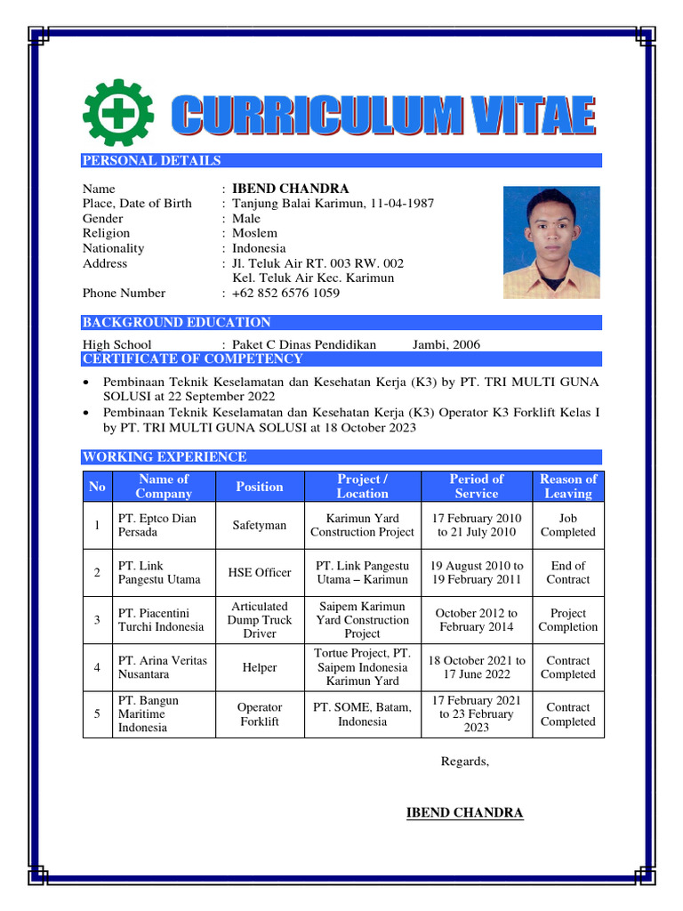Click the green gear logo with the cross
[x=117, y=115]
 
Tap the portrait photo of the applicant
[x=550, y=242]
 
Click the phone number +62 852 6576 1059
[x=285, y=293]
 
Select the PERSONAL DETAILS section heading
[x=152, y=161]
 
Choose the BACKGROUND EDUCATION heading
[x=177, y=322]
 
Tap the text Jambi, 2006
[x=446, y=344]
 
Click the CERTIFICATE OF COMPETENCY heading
[x=192, y=359]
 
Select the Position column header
[x=259, y=487]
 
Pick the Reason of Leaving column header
[x=568, y=487]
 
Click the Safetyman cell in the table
[x=259, y=525]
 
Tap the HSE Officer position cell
[x=259, y=572]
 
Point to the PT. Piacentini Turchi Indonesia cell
[x=161, y=619]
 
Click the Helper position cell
[x=259, y=667]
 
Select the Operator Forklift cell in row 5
[x=259, y=714]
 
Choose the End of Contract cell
[x=568, y=572]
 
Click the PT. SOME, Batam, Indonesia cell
[x=362, y=714]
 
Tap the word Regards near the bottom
[x=464, y=761]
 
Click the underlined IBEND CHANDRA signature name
[x=464, y=812]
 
